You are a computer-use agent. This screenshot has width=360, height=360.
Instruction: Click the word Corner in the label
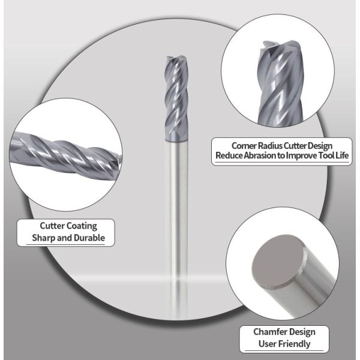pos(244,146)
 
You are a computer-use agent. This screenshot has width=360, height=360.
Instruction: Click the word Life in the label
pos(342,155)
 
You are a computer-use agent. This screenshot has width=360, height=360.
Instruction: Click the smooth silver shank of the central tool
pos(176,230)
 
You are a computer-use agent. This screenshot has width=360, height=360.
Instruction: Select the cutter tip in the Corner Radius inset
pos(282,46)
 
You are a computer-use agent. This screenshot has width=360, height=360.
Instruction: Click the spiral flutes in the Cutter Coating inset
pos(65,154)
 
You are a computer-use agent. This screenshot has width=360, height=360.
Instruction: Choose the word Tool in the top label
pos(326,155)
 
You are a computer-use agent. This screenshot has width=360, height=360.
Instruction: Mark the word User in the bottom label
pos(266,344)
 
